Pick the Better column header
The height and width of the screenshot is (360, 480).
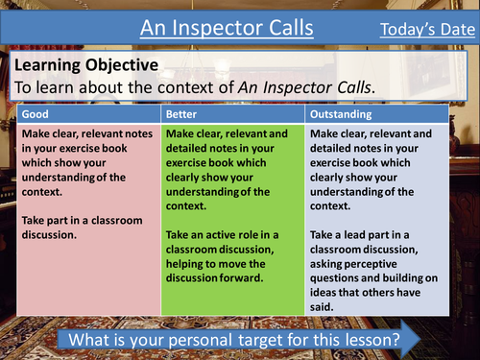point(186,113)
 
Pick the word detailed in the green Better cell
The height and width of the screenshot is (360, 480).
point(190,148)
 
